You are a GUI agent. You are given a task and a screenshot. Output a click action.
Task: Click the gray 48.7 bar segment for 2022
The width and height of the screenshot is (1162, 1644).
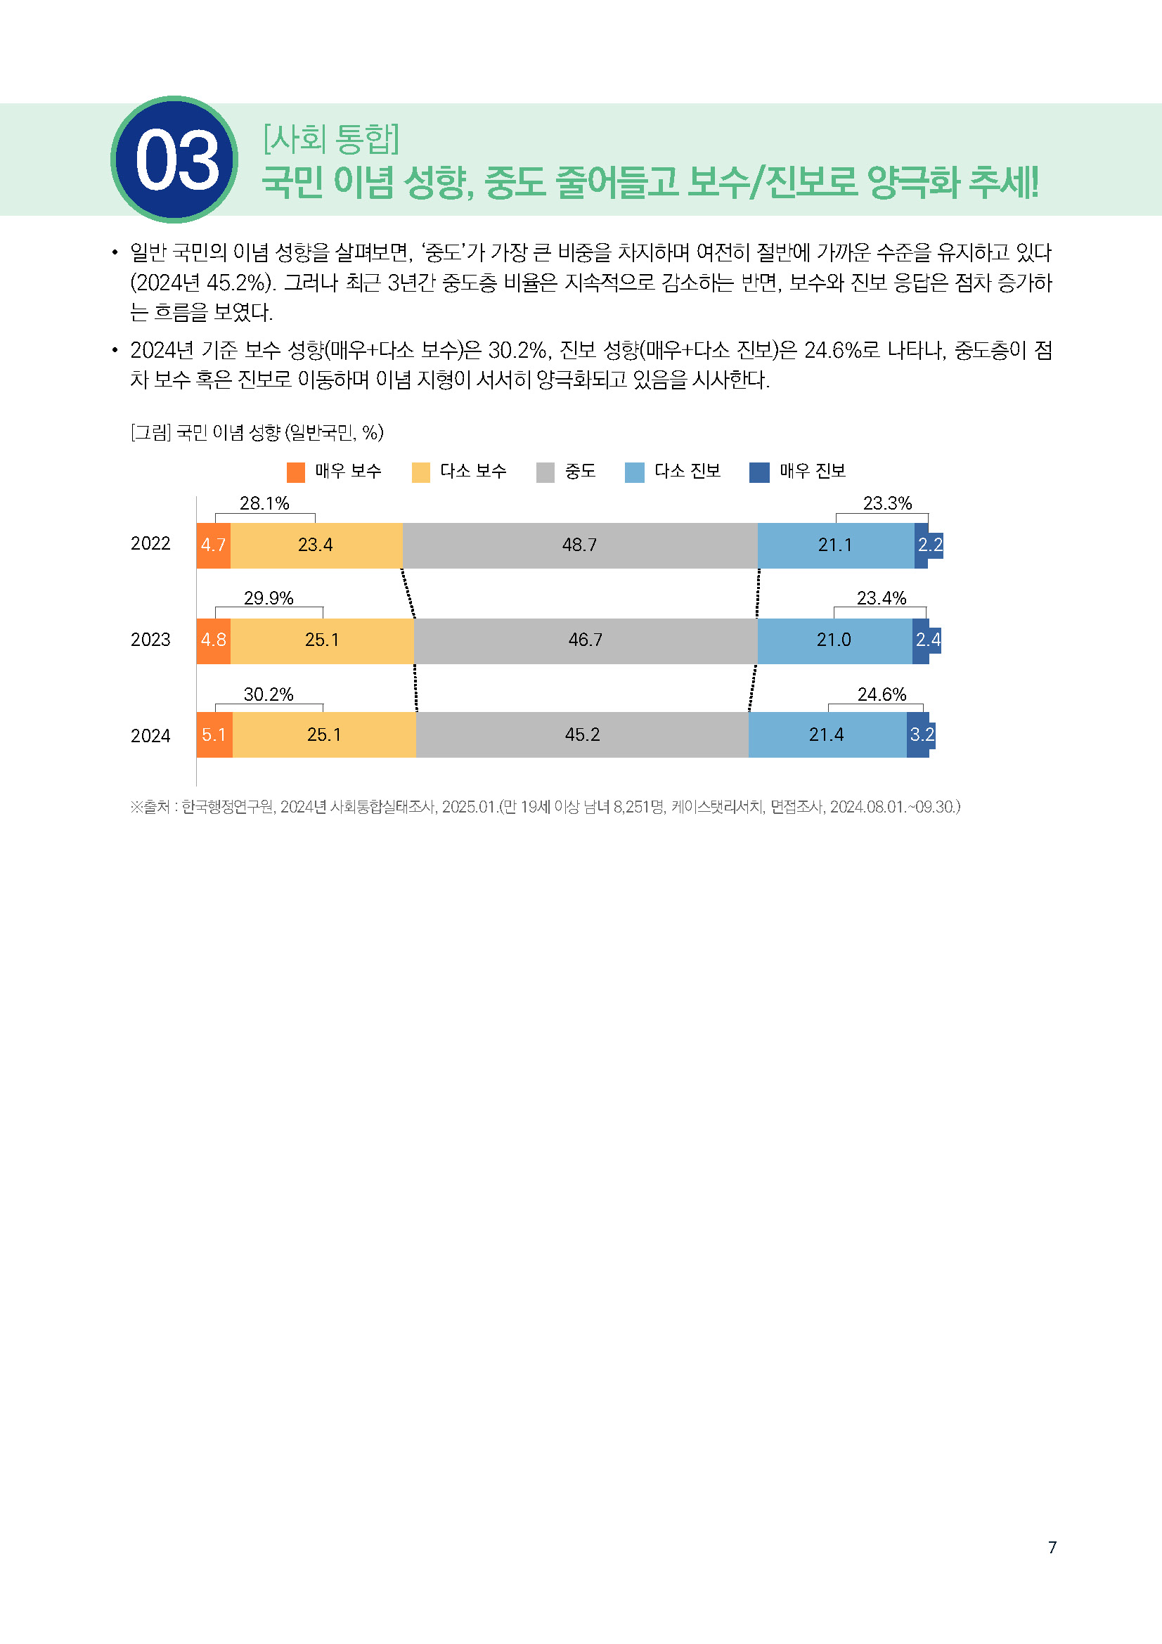[x=579, y=545]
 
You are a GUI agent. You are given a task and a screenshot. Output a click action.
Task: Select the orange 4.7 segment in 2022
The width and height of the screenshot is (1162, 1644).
[x=214, y=545]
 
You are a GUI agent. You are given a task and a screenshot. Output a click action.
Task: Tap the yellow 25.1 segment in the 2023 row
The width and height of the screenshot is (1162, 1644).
[x=321, y=640]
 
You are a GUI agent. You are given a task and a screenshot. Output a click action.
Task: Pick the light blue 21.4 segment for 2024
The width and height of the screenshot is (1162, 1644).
[x=826, y=734]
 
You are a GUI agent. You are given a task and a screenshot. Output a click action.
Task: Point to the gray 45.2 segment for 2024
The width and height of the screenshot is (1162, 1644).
[x=582, y=734]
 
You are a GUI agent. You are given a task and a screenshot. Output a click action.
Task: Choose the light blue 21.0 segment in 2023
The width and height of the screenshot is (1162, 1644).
[x=834, y=640]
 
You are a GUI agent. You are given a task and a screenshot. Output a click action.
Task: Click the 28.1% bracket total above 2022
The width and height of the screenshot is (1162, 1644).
[x=264, y=503]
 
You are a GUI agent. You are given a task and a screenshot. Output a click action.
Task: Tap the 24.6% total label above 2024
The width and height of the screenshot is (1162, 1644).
[x=882, y=694]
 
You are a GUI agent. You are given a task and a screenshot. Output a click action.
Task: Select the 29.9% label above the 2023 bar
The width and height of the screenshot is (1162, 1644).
[x=269, y=598]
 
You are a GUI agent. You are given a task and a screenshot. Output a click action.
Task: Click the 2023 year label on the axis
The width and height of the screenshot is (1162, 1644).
[x=150, y=640]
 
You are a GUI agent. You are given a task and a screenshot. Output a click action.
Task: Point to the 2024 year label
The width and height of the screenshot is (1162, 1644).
[x=150, y=735]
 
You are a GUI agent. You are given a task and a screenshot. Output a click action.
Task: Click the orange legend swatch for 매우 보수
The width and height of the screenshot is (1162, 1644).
[x=296, y=472]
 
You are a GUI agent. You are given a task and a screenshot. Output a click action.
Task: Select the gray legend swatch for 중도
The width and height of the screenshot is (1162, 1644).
[x=546, y=472]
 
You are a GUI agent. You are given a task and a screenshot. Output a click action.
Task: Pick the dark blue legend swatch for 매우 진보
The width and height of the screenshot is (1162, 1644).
[x=759, y=472]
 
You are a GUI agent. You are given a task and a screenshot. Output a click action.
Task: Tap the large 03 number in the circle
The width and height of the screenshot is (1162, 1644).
[x=176, y=161]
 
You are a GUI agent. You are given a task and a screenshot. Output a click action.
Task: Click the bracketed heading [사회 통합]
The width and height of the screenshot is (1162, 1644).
[x=332, y=138]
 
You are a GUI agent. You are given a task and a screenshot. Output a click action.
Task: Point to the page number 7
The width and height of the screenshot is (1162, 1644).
[x=1052, y=1547]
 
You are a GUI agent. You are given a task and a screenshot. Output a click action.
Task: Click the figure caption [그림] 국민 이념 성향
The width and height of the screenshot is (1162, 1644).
[x=257, y=432]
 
